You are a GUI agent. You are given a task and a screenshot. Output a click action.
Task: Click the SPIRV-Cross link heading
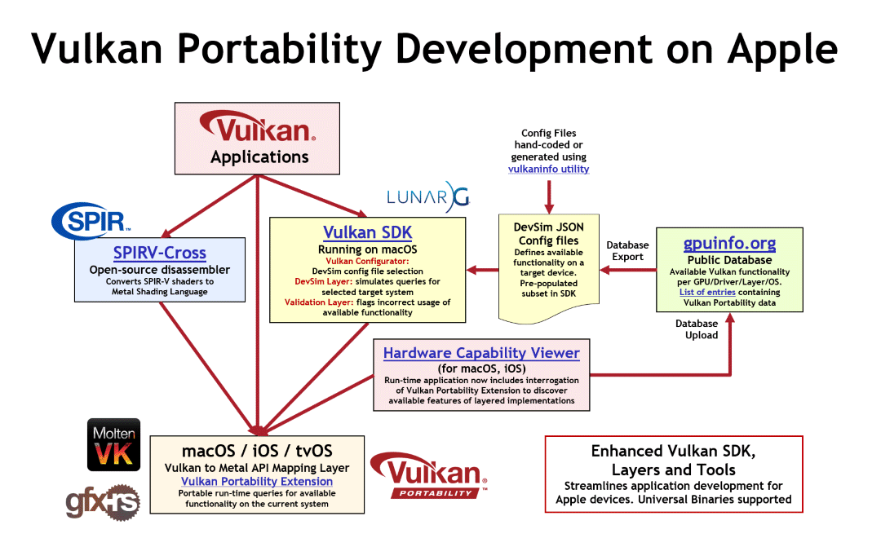click(160, 253)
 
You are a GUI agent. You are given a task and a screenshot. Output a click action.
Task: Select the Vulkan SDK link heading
click(367, 232)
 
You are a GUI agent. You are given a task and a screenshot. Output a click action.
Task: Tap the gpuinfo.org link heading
click(729, 244)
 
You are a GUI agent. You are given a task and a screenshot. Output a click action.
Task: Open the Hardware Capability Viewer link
click(481, 353)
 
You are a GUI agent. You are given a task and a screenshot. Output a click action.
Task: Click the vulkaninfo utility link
click(548, 169)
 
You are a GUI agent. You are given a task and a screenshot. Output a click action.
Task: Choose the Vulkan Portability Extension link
click(257, 481)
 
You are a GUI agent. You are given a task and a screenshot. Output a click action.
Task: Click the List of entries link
click(707, 292)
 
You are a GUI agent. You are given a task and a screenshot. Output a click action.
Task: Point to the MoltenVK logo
click(113, 445)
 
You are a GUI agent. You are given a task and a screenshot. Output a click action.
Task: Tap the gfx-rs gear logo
click(103, 501)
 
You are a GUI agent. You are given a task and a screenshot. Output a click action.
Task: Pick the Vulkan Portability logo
click(429, 476)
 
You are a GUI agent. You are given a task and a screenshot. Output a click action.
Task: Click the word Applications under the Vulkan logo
click(259, 157)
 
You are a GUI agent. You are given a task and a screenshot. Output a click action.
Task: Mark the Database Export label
click(627, 251)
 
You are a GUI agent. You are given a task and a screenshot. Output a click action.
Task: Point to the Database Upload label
click(697, 329)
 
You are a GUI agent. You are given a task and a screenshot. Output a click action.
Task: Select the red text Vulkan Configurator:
click(367, 261)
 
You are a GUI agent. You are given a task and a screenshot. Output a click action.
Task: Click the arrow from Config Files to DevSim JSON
click(548, 196)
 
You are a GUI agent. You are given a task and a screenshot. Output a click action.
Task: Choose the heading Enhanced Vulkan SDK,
click(673, 451)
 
